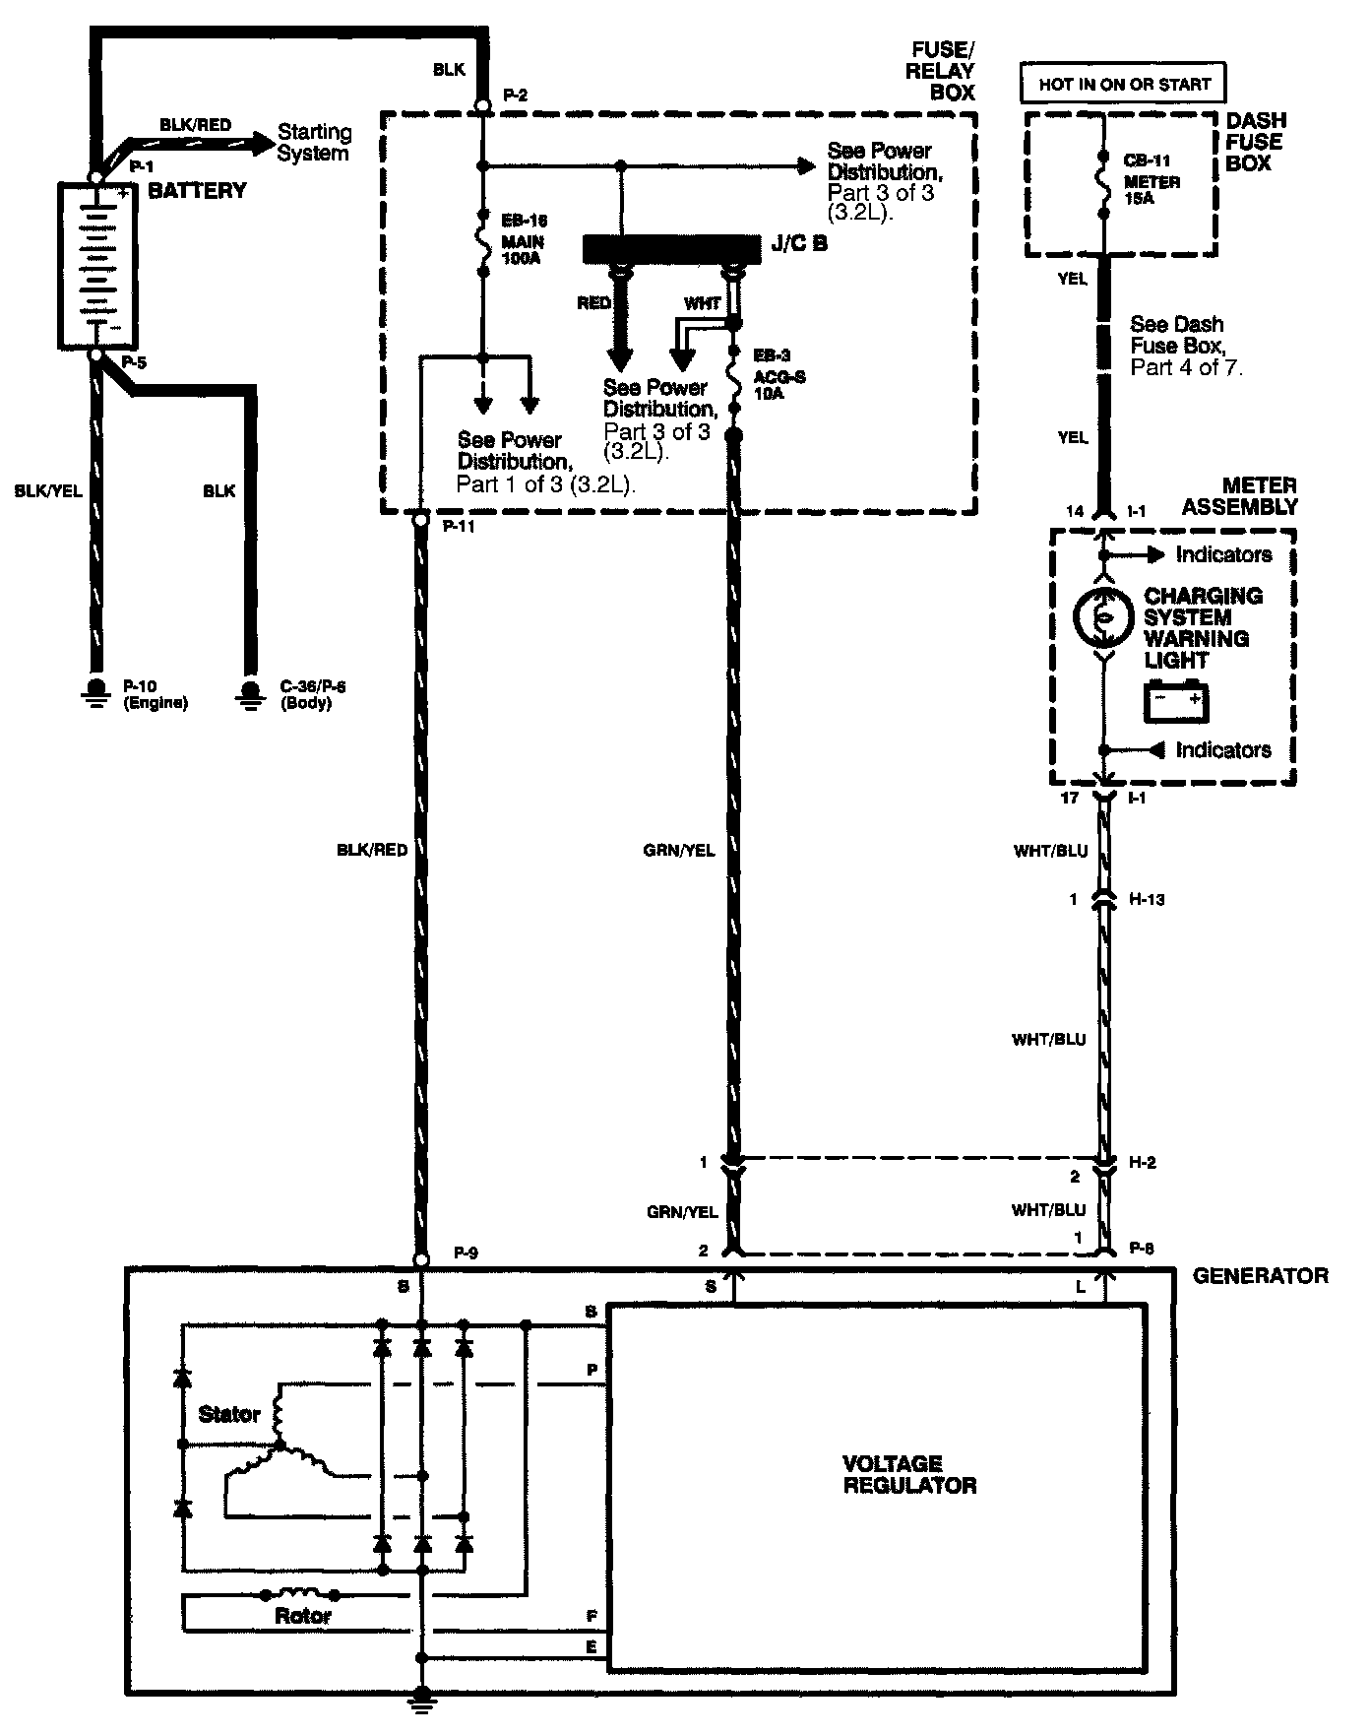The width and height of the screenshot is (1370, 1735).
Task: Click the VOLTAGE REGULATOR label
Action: pyautogui.click(x=908, y=1474)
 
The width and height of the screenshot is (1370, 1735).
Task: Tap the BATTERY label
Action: pyautogui.click(x=197, y=191)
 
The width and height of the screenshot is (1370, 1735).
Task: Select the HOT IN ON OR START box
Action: pyautogui.click(x=1124, y=85)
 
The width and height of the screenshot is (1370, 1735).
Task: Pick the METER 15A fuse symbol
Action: pyautogui.click(x=1103, y=182)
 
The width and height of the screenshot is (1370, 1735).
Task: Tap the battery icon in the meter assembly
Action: pyautogui.click(x=1175, y=701)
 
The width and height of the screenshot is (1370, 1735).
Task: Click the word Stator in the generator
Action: pyautogui.click(x=229, y=1415)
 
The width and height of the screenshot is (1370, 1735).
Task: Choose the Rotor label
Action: pyautogui.click(x=303, y=1616)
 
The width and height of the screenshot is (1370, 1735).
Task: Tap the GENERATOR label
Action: pyautogui.click(x=1260, y=1276)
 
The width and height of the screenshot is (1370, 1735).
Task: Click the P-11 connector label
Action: pyautogui.click(x=459, y=527)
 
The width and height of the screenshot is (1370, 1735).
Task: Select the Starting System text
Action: pyautogui.click(x=314, y=142)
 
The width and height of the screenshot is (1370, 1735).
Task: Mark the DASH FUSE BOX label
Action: pyautogui.click(x=1255, y=142)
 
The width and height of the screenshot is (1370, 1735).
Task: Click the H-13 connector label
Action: pyautogui.click(x=1146, y=899)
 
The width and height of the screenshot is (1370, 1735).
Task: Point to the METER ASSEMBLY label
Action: pyautogui.click(x=1239, y=496)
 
